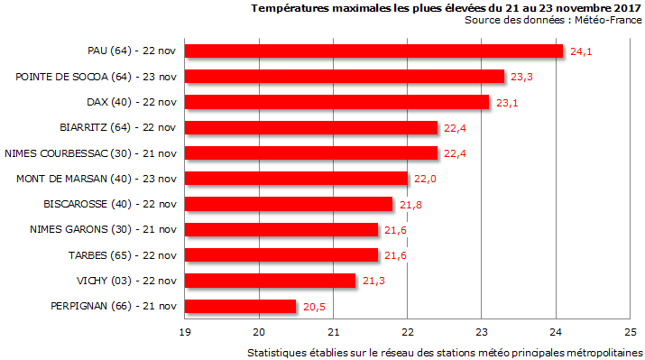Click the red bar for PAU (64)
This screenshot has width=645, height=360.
click(x=373, y=51)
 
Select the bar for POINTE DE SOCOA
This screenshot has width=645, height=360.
click(x=345, y=76)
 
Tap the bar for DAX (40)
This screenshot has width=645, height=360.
click(x=336, y=102)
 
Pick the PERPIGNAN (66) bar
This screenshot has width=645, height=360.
click(x=240, y=307)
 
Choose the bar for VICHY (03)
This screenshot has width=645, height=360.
click(x=270, y=281)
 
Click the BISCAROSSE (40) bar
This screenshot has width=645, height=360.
click(x=289, y=204)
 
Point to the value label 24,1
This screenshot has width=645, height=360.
click(x=581, y=51)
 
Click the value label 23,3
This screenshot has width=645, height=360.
click(x=521, y=77)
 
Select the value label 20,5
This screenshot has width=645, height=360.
click(x=314, y=308)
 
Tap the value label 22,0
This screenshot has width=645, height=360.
click(x=425, y=180)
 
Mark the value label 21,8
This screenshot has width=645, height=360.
click(x=410, y=205)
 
